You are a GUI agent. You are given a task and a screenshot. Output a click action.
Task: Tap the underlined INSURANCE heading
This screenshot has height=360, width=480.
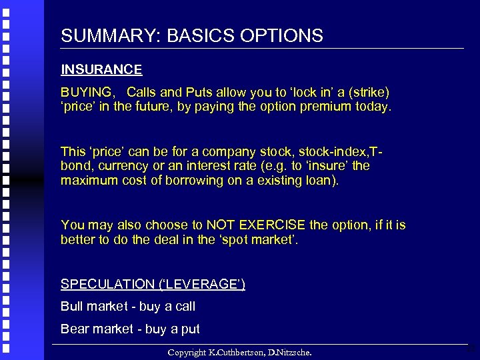click(x=101, y=69)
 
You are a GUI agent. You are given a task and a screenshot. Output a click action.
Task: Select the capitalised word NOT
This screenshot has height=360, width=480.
click(x=220, y=225)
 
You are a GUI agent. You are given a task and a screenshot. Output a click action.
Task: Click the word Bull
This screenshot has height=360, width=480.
click(x=72, y=307)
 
